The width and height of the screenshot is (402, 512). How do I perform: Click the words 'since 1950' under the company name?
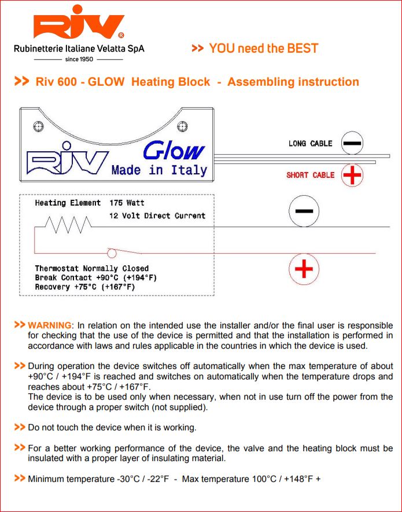point(79,59)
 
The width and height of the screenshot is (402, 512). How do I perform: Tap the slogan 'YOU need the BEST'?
point(263,49)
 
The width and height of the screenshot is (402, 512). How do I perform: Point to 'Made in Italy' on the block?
point(159,170)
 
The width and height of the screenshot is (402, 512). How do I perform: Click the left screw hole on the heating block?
point(39,125)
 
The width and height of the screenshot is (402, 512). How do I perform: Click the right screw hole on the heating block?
point(183,125)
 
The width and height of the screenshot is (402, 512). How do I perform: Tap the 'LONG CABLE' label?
point(311,144)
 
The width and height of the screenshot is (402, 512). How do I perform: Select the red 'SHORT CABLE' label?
point(311,175)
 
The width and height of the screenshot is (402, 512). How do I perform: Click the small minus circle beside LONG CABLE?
point(352,143)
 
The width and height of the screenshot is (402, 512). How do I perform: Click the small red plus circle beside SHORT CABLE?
point(352,175)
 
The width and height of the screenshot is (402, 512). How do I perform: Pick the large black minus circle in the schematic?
point(304,212)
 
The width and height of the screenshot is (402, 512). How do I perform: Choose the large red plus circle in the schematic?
point(304,269)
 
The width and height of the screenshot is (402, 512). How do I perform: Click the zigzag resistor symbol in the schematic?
point(68,223)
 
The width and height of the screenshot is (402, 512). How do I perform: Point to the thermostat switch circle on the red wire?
point(112,253)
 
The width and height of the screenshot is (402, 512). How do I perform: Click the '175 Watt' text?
point(127,203)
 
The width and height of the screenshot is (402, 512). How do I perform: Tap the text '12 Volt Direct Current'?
point(157,215)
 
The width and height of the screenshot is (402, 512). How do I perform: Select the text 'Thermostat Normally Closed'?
point(91,269)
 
